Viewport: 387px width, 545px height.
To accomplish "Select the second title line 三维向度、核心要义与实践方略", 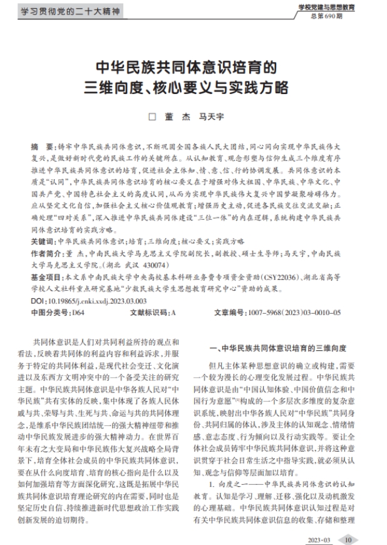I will [194, 87].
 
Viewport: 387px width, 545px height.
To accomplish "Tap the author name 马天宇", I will [211, 117].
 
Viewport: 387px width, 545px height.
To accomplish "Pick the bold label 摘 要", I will [43, 145].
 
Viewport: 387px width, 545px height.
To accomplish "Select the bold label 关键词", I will [42, 241].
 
